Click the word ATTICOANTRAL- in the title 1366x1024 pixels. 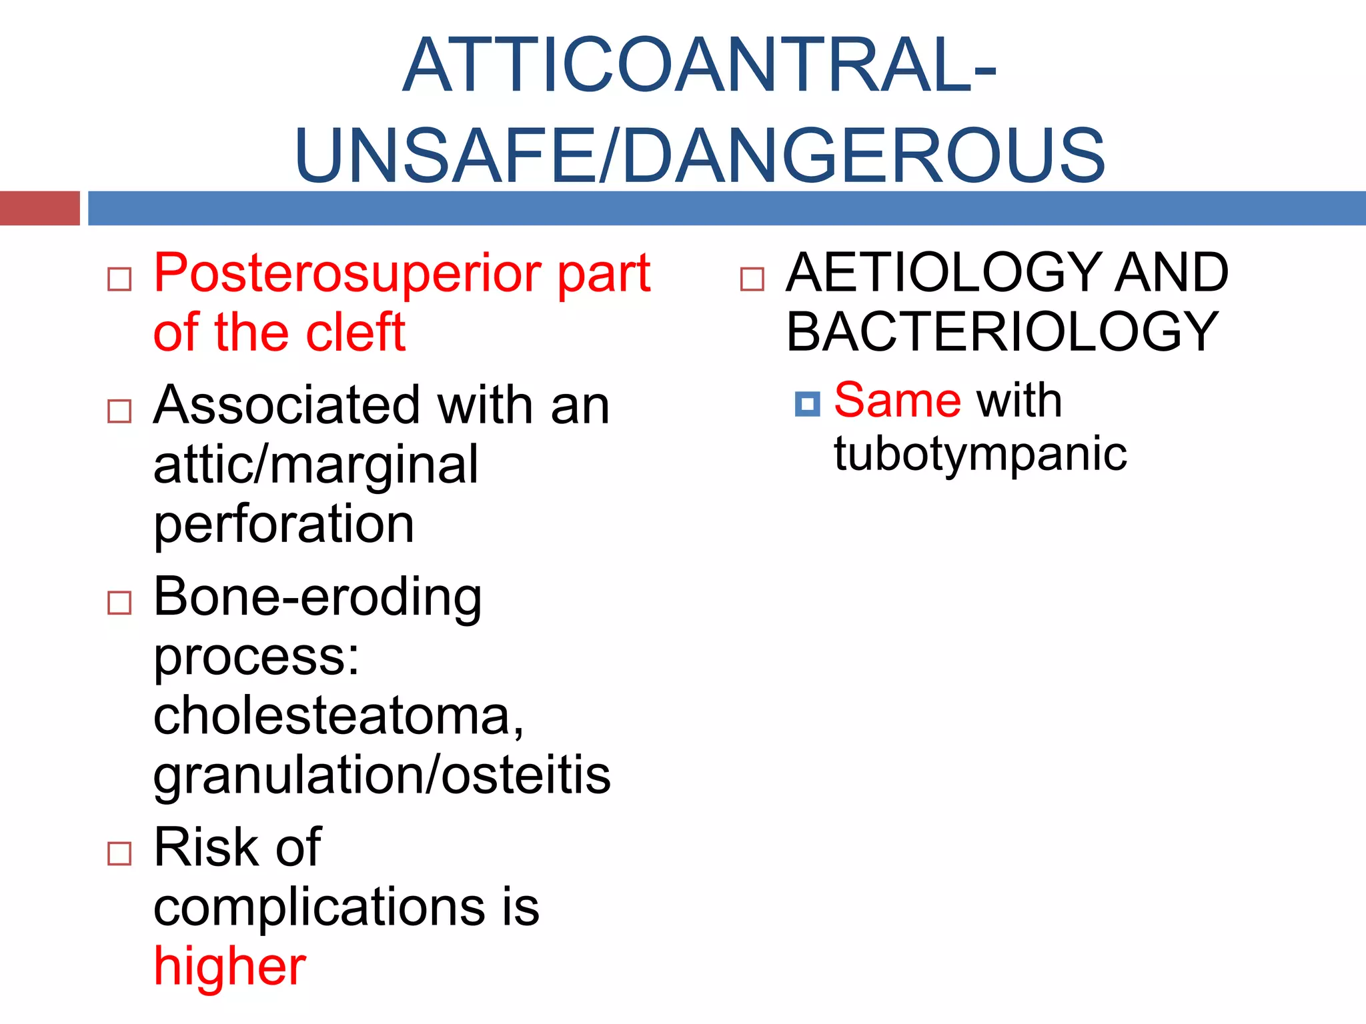coord(700,65)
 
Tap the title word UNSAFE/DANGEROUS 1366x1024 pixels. coord(700,156)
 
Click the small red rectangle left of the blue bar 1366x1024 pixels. coord(39,208)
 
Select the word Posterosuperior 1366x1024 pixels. coord(349,273)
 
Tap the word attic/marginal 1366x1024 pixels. coord(315,465)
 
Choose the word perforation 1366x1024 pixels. coord(284,524)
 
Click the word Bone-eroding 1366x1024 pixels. coord(317,597)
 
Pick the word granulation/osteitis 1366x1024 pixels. coord(382,775)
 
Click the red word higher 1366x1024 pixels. coord(229,966)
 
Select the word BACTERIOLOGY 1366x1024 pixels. coord(1002,331)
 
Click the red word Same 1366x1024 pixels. coord(898,400)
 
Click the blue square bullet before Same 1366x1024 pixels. coord(807,404)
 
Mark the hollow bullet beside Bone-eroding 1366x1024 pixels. coord(119,603)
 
